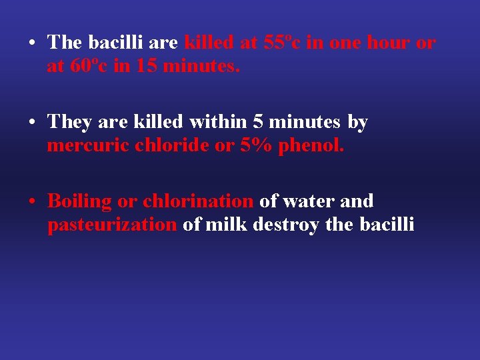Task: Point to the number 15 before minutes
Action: tap(147, 67)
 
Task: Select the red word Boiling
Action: tap(79, 201)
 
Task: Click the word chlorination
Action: tap(197, 201)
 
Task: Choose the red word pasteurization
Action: tap(112, 225)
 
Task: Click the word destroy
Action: tap(285, 225)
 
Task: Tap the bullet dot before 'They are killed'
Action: tap(32, 123)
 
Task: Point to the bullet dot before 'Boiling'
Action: tap(32, 201)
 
